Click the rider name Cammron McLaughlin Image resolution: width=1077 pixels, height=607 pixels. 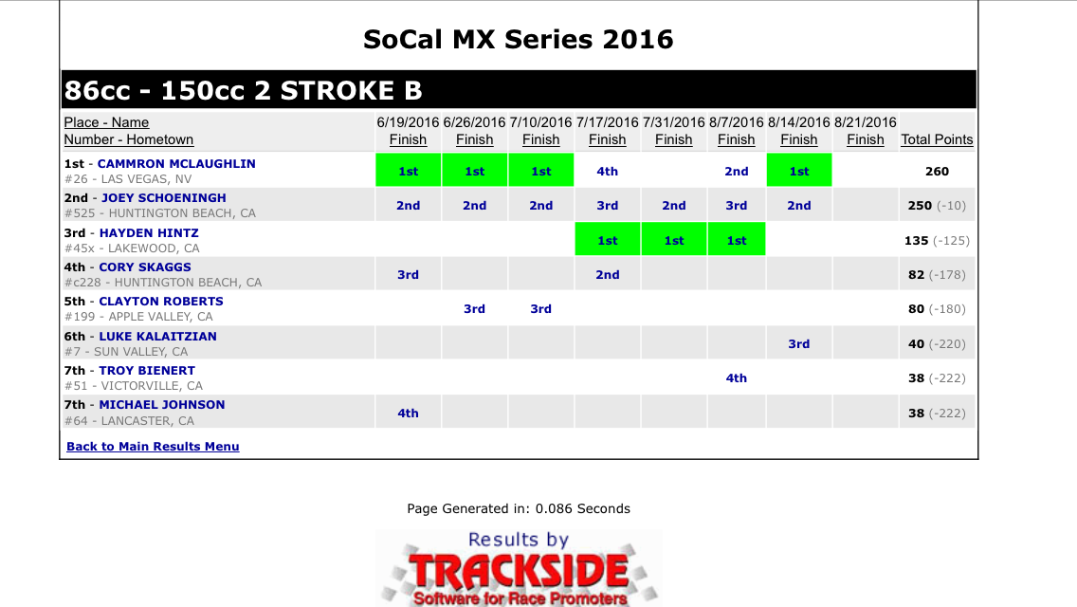pos(176,164)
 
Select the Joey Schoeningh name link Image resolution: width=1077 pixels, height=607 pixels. pos(163,198)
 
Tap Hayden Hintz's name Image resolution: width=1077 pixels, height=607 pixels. pos(149,233)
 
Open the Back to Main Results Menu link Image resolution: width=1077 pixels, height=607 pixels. pos(154,446)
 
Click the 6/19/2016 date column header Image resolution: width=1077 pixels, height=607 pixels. pos(408,122)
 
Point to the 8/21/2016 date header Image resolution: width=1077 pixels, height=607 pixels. pos(866,122)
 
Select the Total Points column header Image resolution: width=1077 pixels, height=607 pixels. pos(937,139)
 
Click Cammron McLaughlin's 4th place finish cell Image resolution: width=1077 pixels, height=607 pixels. pos(607,171)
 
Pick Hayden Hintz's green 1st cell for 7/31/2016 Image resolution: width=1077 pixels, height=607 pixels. pos(674,240)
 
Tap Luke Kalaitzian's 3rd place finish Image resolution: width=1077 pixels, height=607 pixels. pos(799,343)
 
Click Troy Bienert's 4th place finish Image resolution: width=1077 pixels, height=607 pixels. pos(737,378)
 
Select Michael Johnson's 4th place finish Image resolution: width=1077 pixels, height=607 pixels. pos(408,414)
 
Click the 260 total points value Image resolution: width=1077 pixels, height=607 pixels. pos(937,171)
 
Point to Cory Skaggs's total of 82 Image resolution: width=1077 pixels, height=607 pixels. pos(916,274)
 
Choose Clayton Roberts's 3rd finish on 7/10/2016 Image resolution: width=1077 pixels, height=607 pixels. pos(540,308)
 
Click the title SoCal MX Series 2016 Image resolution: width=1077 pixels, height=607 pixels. pos(519,39)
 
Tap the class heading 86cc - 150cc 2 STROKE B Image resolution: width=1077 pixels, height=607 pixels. pos(243,90)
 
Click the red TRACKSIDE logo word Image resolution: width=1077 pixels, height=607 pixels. pos(519,571)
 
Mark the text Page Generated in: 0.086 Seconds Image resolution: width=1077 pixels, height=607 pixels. pos(519,508)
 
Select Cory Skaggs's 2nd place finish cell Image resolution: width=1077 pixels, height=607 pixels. pos(607,274)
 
